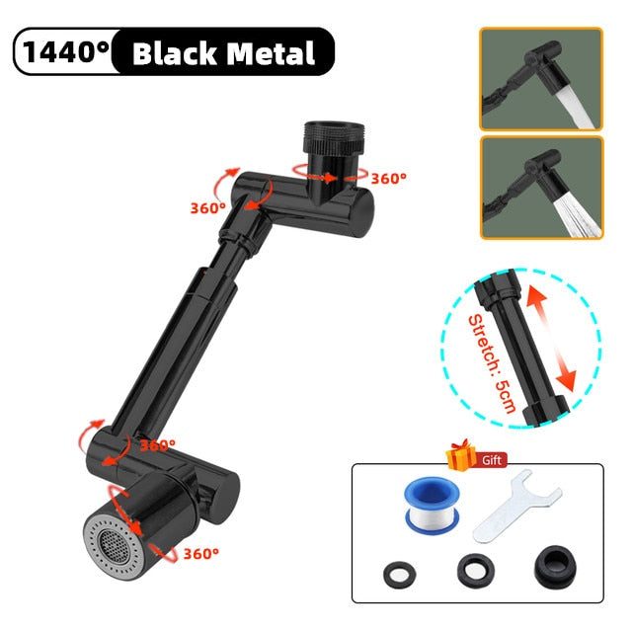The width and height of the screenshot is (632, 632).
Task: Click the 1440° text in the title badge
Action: (x=66, y=51)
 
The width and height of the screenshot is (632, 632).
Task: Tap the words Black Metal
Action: (x=223, y=53)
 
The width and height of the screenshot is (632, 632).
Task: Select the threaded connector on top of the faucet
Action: (x=334, y=139)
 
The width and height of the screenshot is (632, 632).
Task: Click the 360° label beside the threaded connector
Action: (x=388, y=178)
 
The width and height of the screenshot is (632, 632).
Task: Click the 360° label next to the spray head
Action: (x=201, y=553)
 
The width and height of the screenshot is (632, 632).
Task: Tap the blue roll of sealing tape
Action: (x=432, y=505)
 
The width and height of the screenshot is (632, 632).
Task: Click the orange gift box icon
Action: (x=461, y=455)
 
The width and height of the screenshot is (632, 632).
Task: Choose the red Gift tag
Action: (x=492, y=460)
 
